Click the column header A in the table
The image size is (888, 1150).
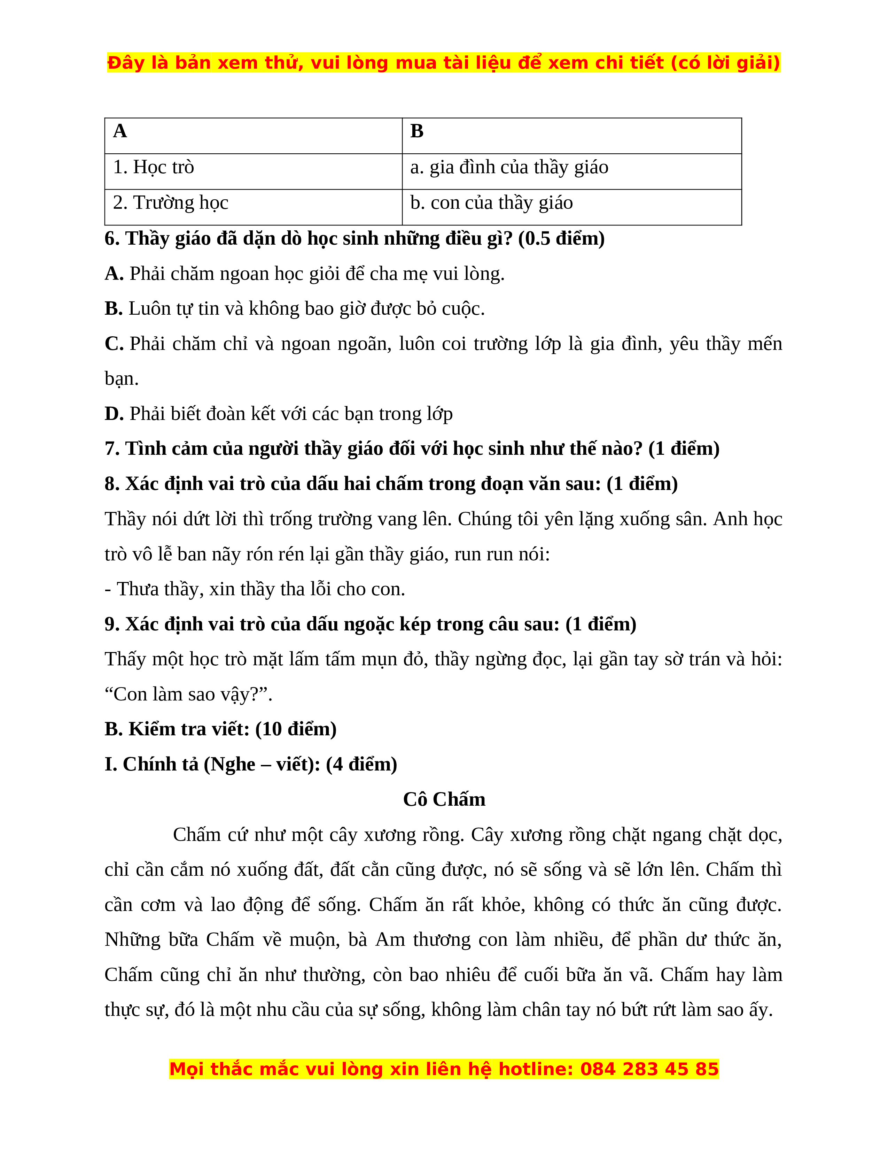[x=120, y=131]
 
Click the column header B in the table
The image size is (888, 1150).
[x=416, y=131]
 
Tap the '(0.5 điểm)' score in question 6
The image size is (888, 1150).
[x=561, y=238]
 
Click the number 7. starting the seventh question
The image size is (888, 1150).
[x=112, y=449]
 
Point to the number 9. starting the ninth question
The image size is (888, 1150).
[x=112, y=624]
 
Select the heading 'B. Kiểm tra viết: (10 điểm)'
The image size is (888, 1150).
[x=220, y=729]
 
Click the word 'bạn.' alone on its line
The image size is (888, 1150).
[x=122, y=378]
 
